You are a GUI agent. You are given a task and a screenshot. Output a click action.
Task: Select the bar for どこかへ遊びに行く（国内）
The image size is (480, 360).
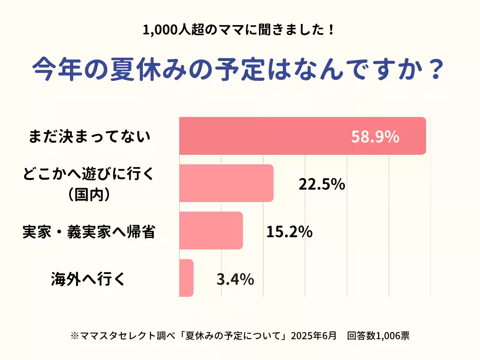(x=226, y=183)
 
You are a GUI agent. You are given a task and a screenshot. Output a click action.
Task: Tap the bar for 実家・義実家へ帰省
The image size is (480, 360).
(x=211, y=230)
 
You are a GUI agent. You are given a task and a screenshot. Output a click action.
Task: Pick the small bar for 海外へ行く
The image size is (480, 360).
(x=186, y=278)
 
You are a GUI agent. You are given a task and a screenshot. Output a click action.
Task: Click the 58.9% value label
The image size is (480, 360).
(x=375, y=137)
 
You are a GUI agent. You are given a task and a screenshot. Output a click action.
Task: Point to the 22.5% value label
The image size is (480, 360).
(x=322, y=184)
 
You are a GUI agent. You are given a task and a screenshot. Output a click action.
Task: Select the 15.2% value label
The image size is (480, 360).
(x=289, y=232)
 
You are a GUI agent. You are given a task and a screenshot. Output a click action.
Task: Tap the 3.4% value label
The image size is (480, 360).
(x=235, y=280)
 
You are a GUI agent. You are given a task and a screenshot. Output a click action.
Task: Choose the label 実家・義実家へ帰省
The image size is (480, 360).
(x=88, y=232)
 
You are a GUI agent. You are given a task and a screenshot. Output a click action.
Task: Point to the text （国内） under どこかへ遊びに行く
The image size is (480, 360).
(x=88, y=195)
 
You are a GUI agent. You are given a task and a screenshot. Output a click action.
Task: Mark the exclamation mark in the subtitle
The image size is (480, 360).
(x=330, y=30)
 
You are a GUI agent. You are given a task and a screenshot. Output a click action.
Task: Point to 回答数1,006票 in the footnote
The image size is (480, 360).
(x=378, y=336)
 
